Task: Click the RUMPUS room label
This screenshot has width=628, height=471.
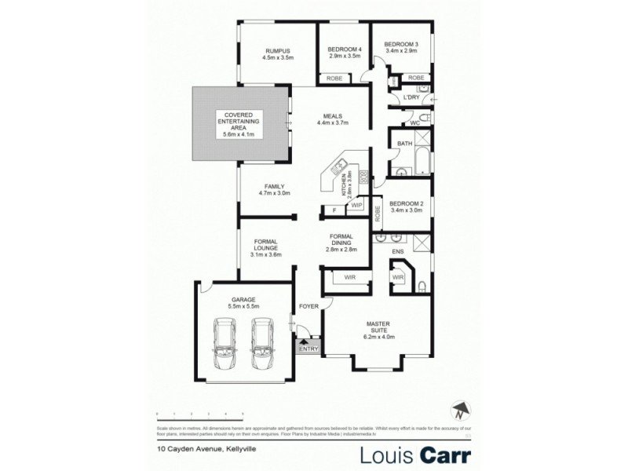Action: (277, 52)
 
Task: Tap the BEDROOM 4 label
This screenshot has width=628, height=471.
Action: (343, 49)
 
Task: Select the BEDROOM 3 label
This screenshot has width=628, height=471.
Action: (401, 45)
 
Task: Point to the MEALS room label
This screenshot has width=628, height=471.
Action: (332, 118)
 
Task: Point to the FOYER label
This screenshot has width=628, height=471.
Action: (309, 305)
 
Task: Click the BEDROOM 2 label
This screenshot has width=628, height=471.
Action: (406, 204)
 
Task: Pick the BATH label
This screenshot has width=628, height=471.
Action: (405, 144)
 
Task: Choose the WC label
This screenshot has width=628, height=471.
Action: (416, 122)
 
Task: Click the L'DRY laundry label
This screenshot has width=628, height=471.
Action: (411, 97)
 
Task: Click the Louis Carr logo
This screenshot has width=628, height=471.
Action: (414, 455)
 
